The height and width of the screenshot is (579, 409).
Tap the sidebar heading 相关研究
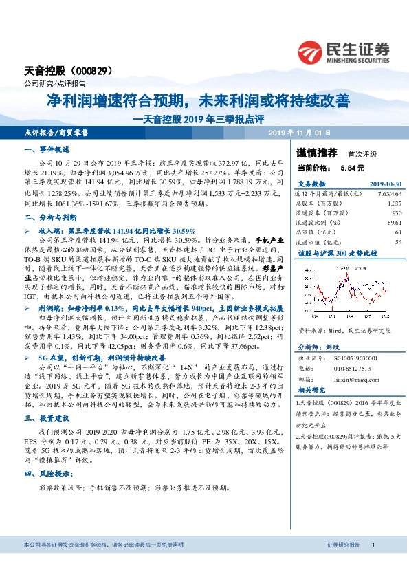(x=311, y=390)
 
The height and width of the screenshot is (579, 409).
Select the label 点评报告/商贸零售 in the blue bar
(x=60, y=132)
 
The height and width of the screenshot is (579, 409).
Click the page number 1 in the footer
(x=372, y=563)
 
